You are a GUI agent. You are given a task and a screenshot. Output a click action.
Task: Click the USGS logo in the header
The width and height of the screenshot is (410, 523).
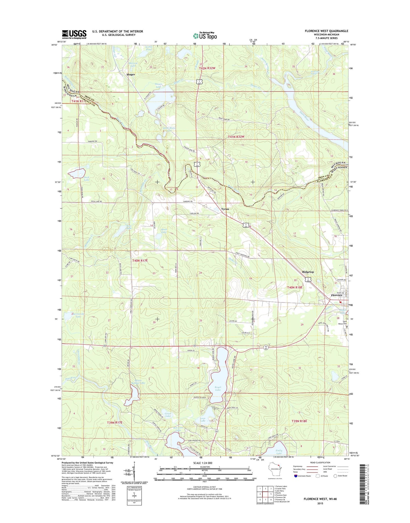pyautogui.click(x=74, y=34)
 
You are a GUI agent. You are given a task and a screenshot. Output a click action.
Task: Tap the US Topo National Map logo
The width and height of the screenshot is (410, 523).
pyautogui.click(x=205, y=35)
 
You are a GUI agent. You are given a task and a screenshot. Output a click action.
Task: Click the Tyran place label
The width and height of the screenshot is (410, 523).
pyautogui.click(x=225, y=209)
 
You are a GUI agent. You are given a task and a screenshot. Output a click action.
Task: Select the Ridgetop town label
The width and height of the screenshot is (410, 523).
pyautogui.click(x=308, y=272)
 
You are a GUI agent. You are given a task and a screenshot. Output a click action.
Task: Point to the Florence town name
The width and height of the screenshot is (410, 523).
pyautogui.click(x=337, y=295)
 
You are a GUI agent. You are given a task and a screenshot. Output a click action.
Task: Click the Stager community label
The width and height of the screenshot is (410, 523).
pyautogui.click(x=131, y=74)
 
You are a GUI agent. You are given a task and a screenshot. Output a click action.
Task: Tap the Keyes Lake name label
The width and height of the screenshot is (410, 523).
pyautogui.click(x=218, y=389)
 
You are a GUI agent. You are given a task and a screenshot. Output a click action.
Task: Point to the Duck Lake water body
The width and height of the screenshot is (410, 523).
pyautogui.click(x=77, y=173)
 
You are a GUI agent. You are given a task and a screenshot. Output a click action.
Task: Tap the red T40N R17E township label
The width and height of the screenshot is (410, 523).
pyautogui.click(x=140, y=260)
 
